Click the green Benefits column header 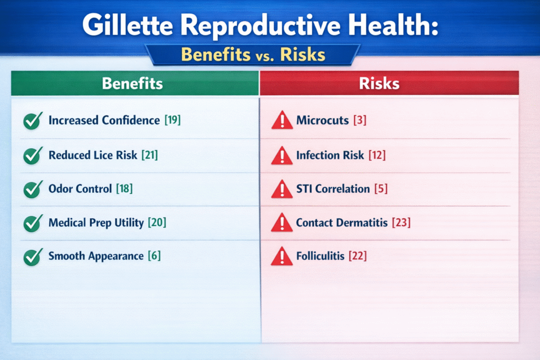click(x=134, y=83)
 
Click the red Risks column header click(x=389, y=83)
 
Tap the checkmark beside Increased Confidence click(x=33, y=121)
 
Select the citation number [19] click(x=172, y=120)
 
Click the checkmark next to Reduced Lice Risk click(x=33, y=155)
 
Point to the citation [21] click(x=150, y=155)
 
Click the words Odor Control click(x=80, y=189)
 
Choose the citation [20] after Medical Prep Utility click(x=157, y=222)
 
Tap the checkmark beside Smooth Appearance click(x=33, y=257)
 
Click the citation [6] click(x=155, y=256)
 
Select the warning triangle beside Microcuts click(x=282, y=120)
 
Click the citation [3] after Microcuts click(x=360, y=120)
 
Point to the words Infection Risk click(x=330, y=155)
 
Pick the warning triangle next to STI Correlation click(x=282, y=189)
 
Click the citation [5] click(x=381, y=189)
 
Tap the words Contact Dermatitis click(x=342, y=222)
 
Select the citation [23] click(x=401, y=222)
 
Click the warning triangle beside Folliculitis click(x=282, y=256)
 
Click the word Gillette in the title click(x=128, y=25)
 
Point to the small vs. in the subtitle click(x=265, y=56)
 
